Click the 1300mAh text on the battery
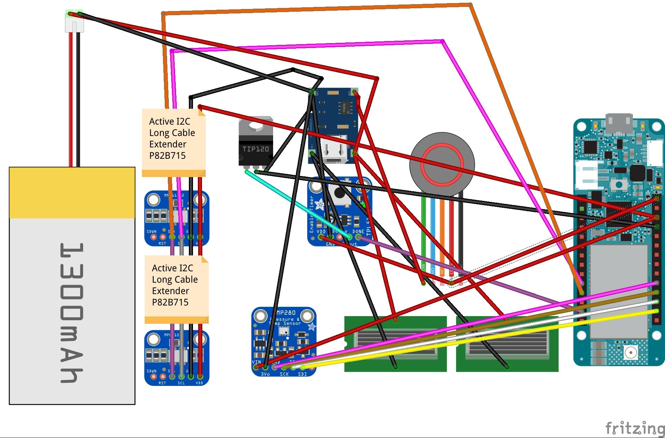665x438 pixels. point(72,313)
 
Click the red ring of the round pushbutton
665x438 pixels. point(442,165)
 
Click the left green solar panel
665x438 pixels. point(395,344)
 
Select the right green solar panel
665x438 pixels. point(507,344)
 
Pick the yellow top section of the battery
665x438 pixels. point(72,193)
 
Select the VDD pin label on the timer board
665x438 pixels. point(321,231)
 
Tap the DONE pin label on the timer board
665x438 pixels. point(358,231)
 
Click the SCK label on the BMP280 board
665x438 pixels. point(284,374)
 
